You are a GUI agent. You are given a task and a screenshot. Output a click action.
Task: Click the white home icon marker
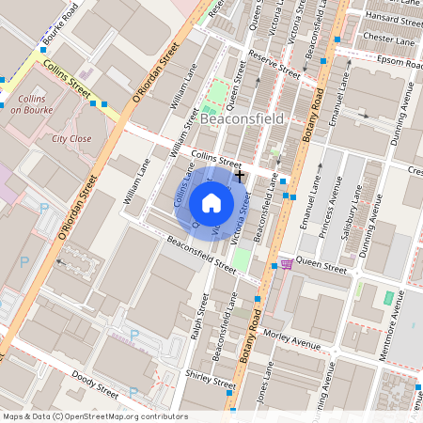point(211,203)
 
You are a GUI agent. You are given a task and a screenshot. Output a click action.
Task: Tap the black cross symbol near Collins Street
point(240,175)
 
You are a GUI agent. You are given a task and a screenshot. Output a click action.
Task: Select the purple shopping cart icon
point(286,264)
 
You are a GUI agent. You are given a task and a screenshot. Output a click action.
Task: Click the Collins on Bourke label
point(32,103)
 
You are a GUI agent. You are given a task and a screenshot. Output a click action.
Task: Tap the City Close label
point(72,138)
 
